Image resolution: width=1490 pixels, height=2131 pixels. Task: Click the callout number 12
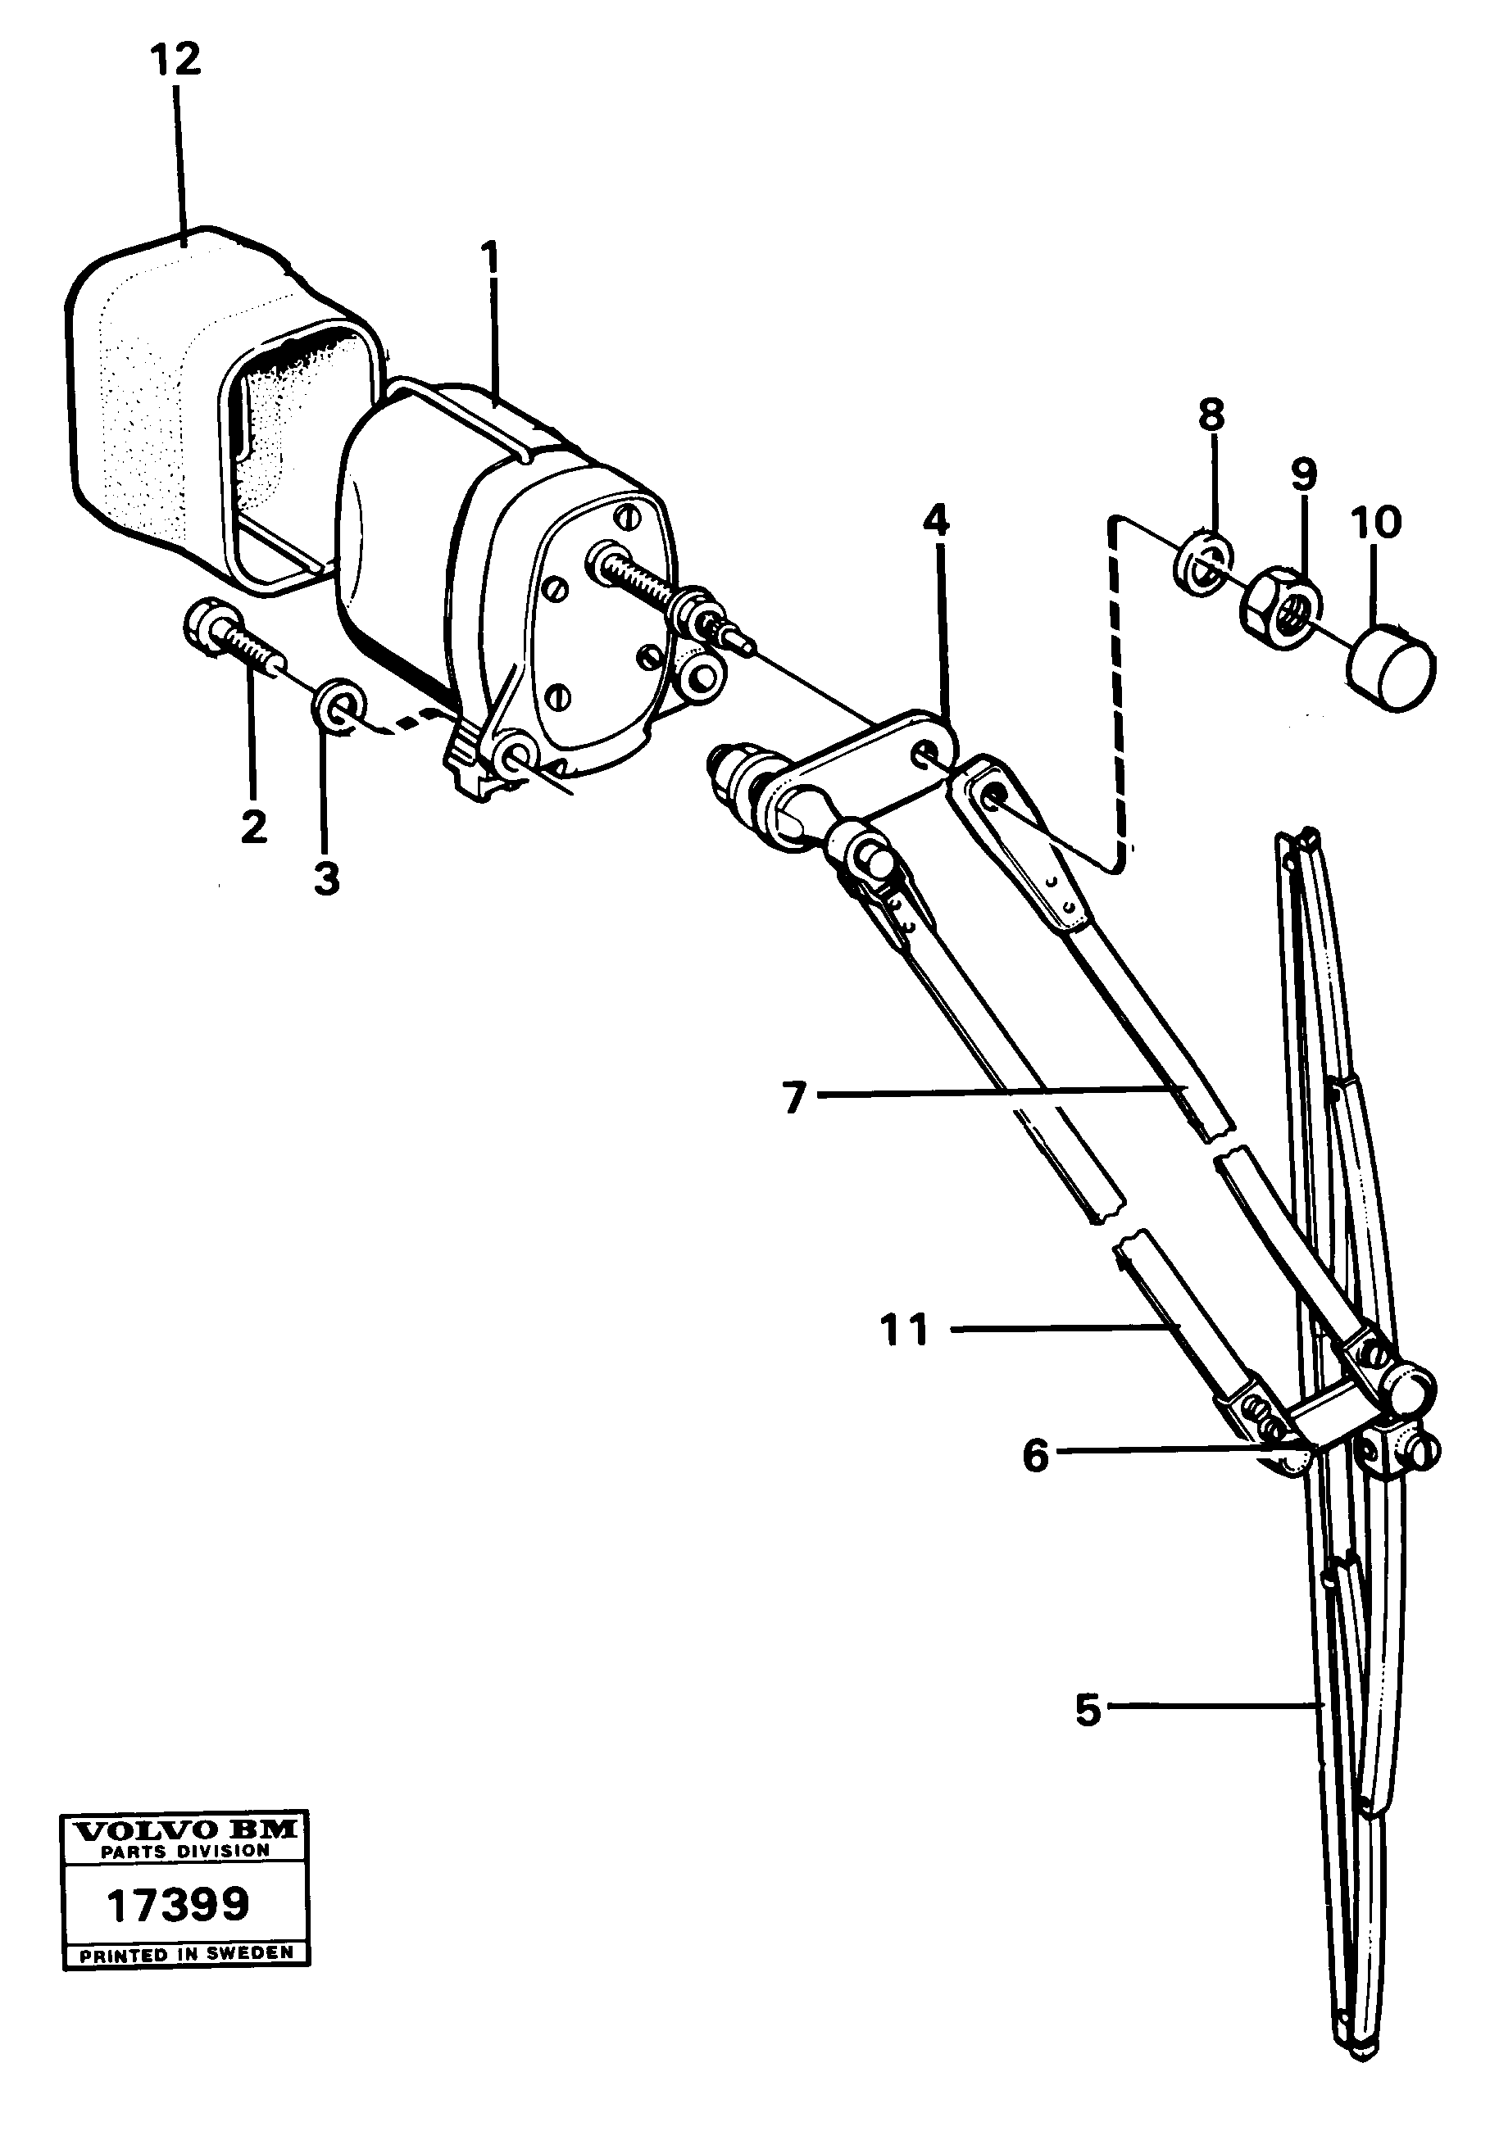tap(175, 61)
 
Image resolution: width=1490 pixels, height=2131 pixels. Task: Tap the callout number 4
tap(936, 522)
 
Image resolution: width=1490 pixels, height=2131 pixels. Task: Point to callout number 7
tap(793, 1098)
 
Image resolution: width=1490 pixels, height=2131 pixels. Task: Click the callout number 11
tap(904, 1329)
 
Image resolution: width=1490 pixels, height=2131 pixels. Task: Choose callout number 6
tap(1035, 1454)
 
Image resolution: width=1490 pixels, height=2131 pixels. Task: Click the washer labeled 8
tap(1204, 560)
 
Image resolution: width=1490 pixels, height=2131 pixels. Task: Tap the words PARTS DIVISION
tap(184, 1851)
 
